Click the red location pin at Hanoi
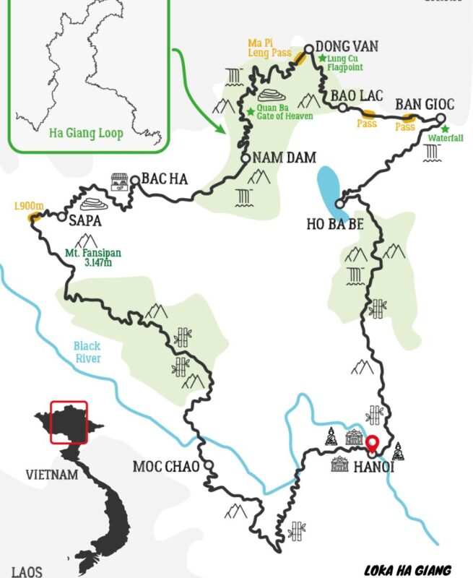click(373, 444)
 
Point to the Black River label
click(87, 351)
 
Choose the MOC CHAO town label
click(165, 467)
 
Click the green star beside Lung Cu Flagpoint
click(322, 56)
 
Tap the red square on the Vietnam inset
click(69, 422)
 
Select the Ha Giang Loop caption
click(85, 133)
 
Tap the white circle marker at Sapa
click(63, 216)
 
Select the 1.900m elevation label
click(29, 207)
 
